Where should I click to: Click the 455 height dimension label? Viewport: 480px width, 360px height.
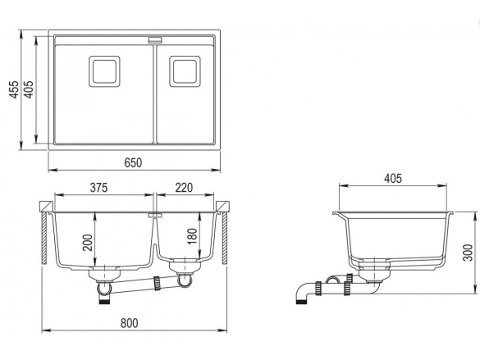[x=14, y=89]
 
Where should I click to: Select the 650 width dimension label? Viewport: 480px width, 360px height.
[x=133, y=162]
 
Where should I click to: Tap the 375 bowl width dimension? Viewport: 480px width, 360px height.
[x=99, y=188]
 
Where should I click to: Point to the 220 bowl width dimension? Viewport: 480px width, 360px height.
[x=184, y=188]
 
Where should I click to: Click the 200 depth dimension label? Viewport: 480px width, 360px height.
[x=88, y=243]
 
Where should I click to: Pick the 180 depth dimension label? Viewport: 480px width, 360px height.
[x=192, y=236]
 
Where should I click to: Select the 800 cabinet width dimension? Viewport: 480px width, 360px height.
[x=129, y=323]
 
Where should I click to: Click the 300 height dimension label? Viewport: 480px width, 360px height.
[x=468, y=253]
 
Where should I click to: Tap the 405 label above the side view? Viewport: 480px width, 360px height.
[x=393, y=178]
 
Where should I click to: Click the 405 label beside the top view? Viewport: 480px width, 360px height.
[x=29, y=89]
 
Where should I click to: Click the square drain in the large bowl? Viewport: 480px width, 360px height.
[x=104, y=71]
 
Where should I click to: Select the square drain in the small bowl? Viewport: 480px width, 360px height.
[x=185, y=71]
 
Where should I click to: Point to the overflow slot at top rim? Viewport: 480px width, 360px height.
[x=155, y=39]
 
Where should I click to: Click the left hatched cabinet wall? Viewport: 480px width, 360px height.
[x=44, y=239]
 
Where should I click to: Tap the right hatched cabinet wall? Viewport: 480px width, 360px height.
[x=225, y=237]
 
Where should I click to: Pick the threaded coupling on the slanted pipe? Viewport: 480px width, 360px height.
[x=158, y=283]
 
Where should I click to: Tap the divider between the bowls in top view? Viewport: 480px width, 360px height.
[x=155, y=94]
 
